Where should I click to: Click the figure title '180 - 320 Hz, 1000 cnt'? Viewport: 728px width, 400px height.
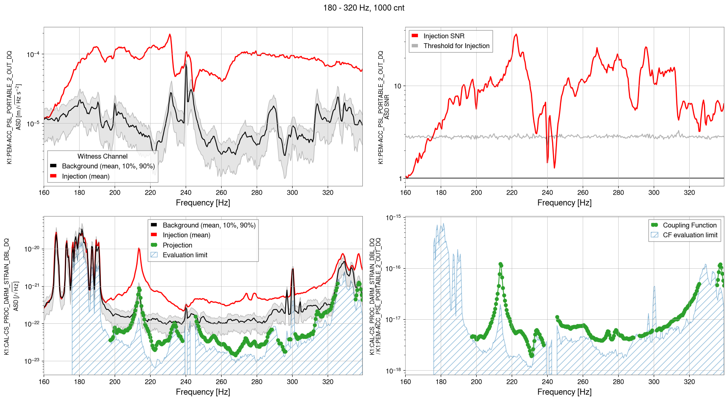364,8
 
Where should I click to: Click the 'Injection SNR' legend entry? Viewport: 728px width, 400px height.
444,36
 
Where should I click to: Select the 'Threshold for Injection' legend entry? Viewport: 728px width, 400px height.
456,46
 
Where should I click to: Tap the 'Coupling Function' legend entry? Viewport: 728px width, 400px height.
689,225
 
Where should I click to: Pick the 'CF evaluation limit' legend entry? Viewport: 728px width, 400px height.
690,235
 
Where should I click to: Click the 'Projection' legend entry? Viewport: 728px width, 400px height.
177,245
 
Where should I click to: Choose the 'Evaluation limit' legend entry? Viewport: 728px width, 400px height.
185,255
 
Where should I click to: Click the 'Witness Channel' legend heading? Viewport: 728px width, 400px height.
102,156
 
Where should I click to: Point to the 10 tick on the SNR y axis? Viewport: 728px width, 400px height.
397,86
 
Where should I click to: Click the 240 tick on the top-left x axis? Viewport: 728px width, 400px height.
186,192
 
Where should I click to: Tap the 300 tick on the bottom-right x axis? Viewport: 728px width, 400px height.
654,382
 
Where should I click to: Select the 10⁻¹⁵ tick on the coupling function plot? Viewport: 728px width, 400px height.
393,218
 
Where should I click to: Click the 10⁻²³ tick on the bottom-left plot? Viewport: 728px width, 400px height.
32,361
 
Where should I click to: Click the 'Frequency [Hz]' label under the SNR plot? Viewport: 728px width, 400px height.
564,203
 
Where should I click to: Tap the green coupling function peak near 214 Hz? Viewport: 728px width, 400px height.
500,264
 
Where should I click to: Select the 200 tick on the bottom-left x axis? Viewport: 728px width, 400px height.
115,382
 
